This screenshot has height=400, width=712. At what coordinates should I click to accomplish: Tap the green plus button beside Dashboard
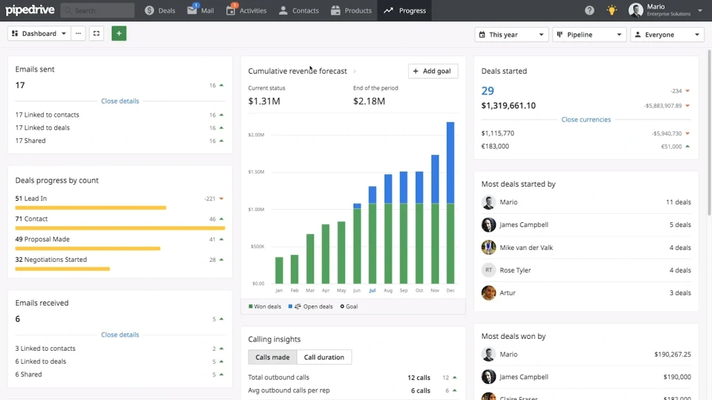119,33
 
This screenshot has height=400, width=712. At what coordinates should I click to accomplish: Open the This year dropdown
511,35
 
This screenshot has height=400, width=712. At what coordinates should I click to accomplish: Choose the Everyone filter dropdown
667,35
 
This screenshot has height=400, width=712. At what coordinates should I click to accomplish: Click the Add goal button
432,71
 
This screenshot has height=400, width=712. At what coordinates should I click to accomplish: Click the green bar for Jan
279,270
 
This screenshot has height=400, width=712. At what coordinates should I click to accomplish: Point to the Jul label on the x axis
372,290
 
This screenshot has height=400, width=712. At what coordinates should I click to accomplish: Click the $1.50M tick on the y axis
256,172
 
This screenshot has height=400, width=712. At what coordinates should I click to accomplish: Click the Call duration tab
324,357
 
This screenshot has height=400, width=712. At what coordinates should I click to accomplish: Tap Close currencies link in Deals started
586,119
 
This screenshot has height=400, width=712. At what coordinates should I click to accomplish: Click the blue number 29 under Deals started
487,91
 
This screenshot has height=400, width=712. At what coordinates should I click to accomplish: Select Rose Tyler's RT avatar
489,270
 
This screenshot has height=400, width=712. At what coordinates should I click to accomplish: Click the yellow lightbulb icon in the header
611,10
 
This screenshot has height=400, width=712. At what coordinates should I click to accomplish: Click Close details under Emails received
120,335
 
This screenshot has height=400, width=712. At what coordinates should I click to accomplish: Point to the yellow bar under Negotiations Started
63,268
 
